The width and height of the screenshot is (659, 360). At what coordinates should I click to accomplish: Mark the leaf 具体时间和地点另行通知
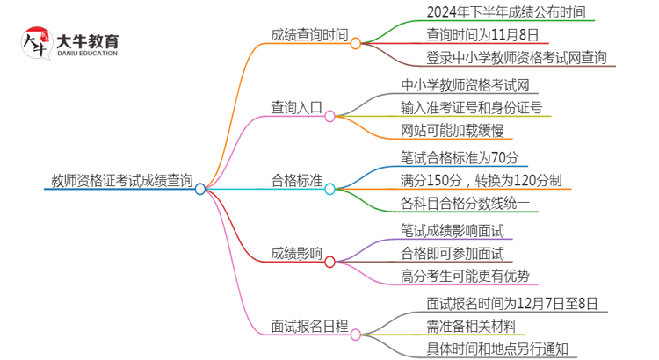(496, 349)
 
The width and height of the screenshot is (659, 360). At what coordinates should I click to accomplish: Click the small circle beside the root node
(200, 189)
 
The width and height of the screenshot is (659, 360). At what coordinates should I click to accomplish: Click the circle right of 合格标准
(329, 188)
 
